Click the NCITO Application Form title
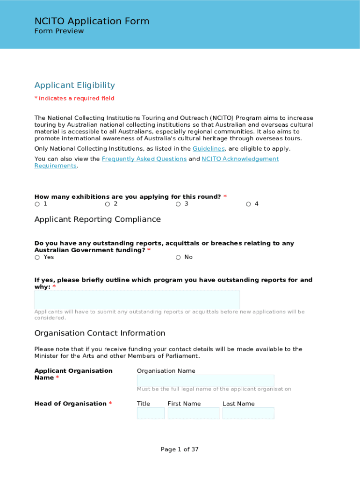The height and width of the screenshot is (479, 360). pyautogui.click(x=92, y=21)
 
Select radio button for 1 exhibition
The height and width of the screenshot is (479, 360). pyautogui.click(x=37, y=204)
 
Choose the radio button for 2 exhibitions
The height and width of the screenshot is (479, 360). pyautogui.click(x=108, y=204)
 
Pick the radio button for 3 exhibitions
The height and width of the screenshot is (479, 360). pyautogui.click(x=178, y=204)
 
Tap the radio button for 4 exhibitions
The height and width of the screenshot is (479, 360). pyautogui.click(x=249, y=204)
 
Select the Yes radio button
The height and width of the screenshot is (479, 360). pyautogui.click(x=37, y=258)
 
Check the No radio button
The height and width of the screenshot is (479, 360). pyautogui.click(x=178, y=258)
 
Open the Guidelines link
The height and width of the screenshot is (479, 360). pyautogui.click(x=209, y=149)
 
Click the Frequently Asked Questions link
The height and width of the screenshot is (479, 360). pyautogui.click(x=144, y=159)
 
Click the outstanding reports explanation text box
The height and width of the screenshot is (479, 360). pyautogui.click(x=137, y=299)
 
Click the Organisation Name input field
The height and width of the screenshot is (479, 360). pyautogui.click(x=205, y=380)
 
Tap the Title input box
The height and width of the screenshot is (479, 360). pyautogui.click(x=151, y=413)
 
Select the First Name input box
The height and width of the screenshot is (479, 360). pyautogui.click(x=193, y=413)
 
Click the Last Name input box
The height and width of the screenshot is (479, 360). pyautogui.click(x=248, y=413)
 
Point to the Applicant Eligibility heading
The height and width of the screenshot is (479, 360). pyautogui.click(x=74, y=85)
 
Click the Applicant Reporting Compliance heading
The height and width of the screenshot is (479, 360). pyautogui.click(x=97, y=219)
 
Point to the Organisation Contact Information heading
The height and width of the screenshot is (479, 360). pyautogui.click(x=100, y=333)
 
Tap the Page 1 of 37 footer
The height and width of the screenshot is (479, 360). pyautogui.click(x=180, y=450)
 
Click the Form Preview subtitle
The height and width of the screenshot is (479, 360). pyautogui.click(x=59, y=31)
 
